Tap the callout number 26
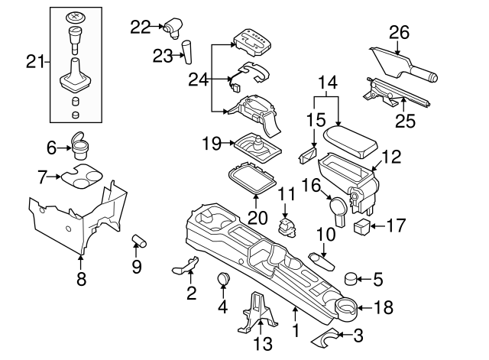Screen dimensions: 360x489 click(399, 32)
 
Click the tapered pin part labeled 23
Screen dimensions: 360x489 click(186, 51)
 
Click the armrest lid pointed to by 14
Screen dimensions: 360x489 click(348, 139)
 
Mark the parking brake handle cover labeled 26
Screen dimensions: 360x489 click(401, 65)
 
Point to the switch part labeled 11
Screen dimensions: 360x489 click(289, 225)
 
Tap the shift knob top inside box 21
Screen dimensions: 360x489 click(75, 17)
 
